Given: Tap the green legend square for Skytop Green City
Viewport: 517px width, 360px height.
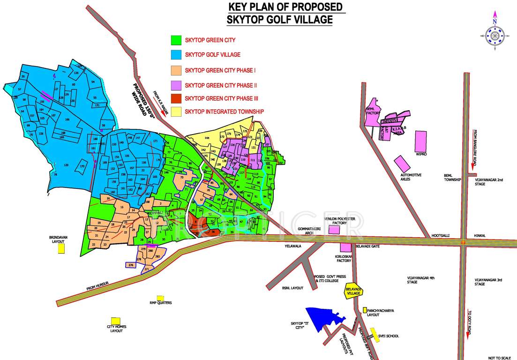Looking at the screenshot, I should click(176, 40).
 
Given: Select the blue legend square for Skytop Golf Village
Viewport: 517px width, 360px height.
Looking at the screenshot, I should click(176, 55).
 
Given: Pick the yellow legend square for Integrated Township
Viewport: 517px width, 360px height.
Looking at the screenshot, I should click(176, 112).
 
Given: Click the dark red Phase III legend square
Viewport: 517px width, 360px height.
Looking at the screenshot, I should click(176, 98).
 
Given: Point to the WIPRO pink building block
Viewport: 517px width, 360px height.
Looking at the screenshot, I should click(421, 140).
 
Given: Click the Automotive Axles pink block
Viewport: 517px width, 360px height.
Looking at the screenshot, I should click(401, 164).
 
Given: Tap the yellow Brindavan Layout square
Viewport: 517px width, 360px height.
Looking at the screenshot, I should click(61, 248).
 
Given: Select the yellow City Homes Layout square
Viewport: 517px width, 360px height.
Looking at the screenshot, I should click(115, 320).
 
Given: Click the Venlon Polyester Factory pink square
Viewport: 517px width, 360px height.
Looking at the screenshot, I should click(334, 229).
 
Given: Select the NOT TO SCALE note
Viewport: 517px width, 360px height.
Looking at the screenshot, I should click(499, 358).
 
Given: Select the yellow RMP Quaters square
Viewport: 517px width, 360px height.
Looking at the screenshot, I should click(160, 298).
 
